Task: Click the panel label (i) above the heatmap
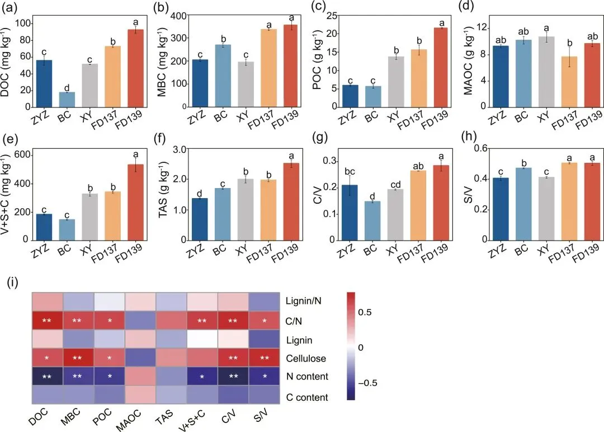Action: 12,283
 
